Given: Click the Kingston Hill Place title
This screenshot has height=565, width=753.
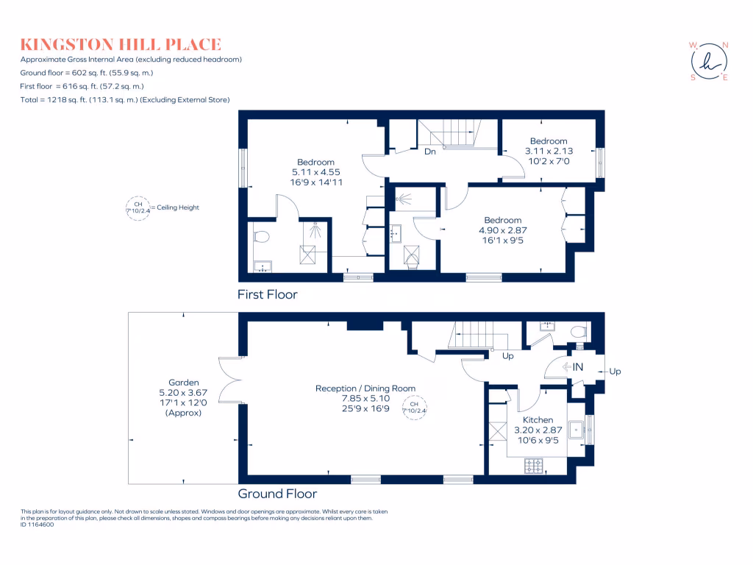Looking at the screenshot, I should coord(121,44).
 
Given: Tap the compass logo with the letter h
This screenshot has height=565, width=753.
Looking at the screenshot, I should coord(709,61).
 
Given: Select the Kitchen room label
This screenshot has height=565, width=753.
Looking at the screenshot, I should coord(538,420).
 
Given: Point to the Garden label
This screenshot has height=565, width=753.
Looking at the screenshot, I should coord(183,383).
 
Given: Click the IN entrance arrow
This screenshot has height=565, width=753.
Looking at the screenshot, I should coord(572,366).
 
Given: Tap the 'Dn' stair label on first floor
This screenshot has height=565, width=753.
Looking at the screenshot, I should coord(430,152).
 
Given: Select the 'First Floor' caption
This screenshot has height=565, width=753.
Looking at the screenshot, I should coord(267,294).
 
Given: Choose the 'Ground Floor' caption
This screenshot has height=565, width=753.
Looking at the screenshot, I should coord(277,494).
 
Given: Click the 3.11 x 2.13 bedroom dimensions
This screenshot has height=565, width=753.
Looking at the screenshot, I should coord(548,151).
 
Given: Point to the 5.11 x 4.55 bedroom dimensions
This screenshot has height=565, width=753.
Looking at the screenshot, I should coord(315,172).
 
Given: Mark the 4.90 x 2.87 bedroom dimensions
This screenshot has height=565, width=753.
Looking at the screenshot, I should coord(502,230).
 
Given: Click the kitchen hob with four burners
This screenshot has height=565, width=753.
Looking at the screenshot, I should coord(532,466).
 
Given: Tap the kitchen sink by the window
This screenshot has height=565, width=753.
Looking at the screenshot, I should coord(578,429).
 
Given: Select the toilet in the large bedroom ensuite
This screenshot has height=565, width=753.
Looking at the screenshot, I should coord(261,236).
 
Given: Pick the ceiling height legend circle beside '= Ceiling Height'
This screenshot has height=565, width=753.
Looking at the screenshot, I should coord(138,207).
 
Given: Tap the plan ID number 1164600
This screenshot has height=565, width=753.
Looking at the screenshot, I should coord(38,525).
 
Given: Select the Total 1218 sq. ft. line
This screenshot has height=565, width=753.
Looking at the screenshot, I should coord(125,99).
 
